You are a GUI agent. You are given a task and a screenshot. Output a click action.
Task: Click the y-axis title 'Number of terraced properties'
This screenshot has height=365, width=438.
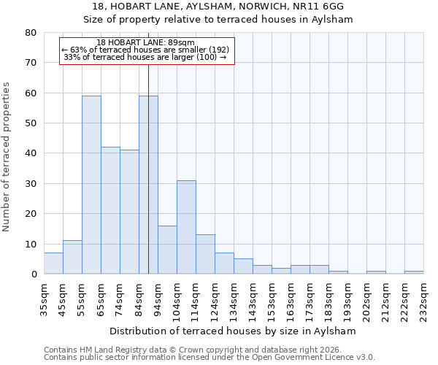7,156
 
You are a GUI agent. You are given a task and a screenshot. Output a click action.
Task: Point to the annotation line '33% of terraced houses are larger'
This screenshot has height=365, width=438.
146,57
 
